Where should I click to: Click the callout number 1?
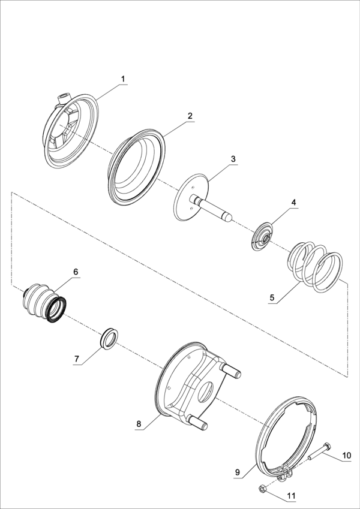pos(123,79)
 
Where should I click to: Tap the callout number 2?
pos(190,116)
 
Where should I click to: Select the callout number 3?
pos(233,159)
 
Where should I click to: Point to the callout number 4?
pos(293,202)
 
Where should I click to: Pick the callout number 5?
pos(272,297)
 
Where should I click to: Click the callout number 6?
pos(76,272)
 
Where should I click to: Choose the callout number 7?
pos(77,359)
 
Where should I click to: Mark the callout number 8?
pos(139,424)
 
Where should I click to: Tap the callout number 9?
pos(237,472)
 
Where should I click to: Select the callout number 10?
pos(347,456)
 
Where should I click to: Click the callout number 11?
pos(291,496)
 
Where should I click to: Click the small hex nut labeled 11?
pos(262,488)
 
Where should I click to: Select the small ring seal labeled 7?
pos(108,338)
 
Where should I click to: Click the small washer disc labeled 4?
pos(262,236)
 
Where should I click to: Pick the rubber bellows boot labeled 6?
pos(45,303)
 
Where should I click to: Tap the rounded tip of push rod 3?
pos(229,218)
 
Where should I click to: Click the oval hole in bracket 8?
pos(205,392)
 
